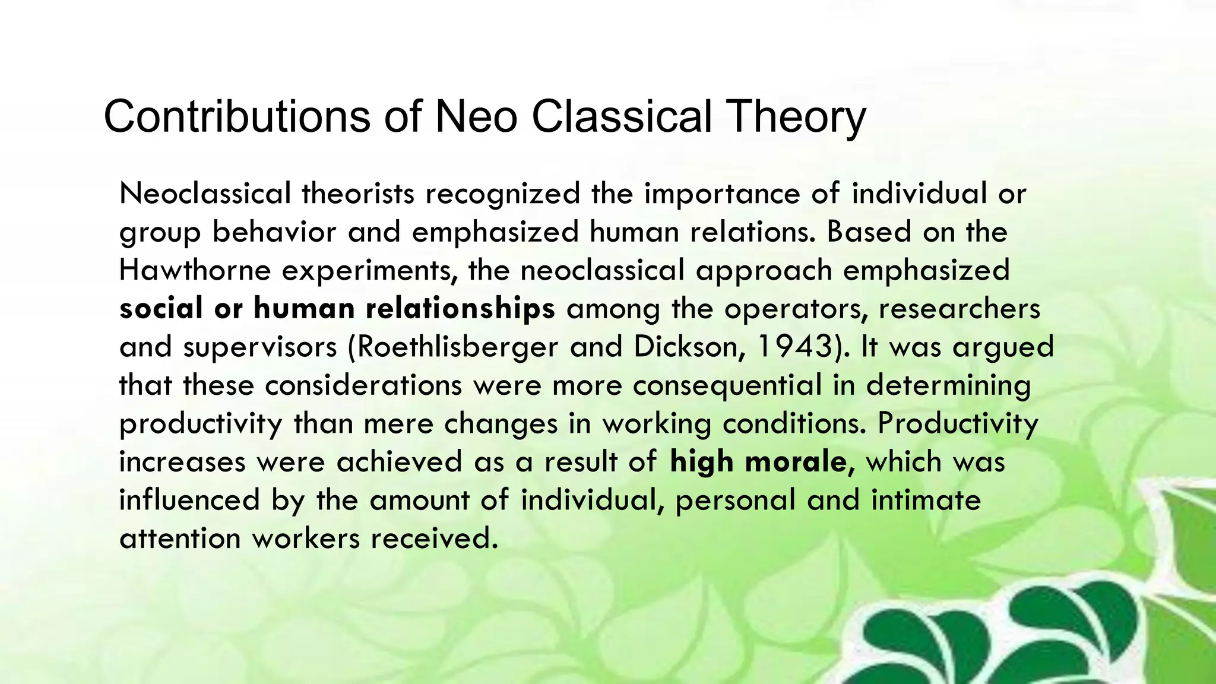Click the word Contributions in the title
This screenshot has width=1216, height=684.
point(238,116)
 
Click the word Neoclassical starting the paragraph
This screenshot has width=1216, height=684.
point(205,194)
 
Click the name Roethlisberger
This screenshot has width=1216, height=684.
point(458,347)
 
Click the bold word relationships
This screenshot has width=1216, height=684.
point(460,309)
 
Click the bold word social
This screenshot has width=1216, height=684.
point(161,309)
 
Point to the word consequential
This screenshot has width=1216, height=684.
point(727,385)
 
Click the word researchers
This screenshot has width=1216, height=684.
point(959,309)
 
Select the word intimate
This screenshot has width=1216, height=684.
point(926,500)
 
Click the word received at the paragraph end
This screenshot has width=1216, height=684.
point(434,539)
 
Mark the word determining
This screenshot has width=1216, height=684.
point(948,385)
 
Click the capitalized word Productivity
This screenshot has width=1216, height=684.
point(958,423)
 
